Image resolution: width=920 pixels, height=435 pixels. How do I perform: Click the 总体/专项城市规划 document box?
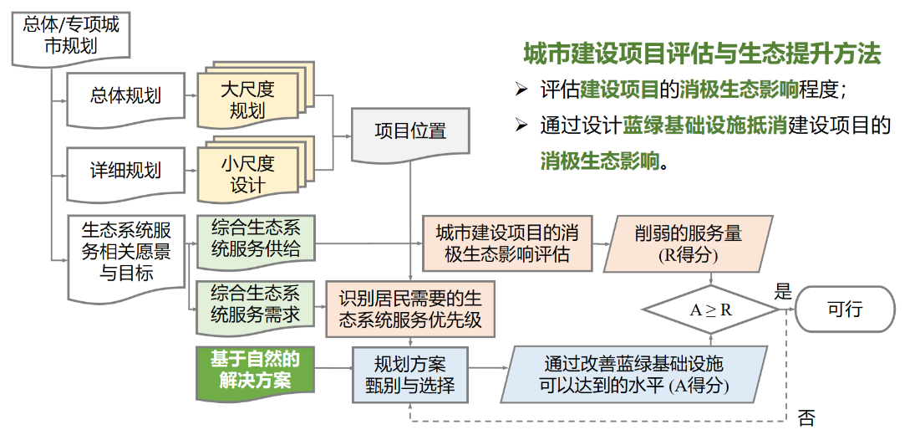coord(71,35)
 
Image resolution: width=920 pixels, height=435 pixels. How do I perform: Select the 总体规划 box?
coord(125,95)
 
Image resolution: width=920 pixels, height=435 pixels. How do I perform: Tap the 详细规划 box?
coord(125,171)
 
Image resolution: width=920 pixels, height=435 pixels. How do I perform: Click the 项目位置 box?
coord(410,131)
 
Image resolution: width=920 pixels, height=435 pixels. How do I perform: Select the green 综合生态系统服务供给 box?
coord(256,240)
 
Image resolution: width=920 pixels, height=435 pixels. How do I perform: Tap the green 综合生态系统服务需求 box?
coord(256,304)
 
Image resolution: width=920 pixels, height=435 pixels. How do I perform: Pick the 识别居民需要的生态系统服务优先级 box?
coord(409,309)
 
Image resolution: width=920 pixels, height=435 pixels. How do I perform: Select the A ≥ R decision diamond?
coord(711,310)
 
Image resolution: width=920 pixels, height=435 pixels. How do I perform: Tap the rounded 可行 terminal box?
coord(844,309)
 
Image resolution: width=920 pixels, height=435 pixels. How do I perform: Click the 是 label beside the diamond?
coord(783,292)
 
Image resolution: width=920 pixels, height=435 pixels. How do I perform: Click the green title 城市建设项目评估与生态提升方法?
coord(702,55)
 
